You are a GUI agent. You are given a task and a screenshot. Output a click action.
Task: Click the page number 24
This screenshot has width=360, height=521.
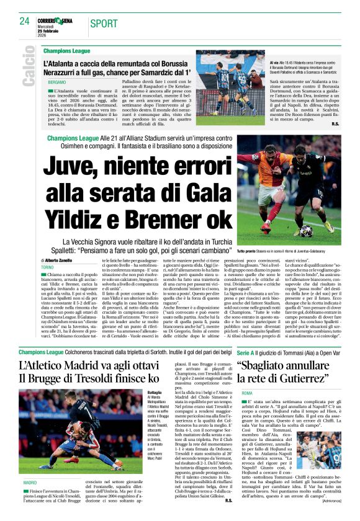24,21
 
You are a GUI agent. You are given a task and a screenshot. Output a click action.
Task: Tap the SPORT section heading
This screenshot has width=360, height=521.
104,24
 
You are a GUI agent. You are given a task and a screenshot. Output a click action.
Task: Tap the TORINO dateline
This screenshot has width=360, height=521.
48,267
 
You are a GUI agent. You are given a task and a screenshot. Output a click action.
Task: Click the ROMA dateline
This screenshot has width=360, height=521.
247,393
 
